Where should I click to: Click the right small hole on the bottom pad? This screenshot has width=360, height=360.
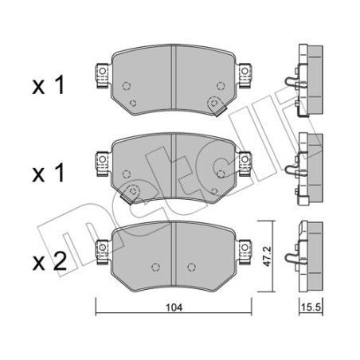[189, 267]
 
